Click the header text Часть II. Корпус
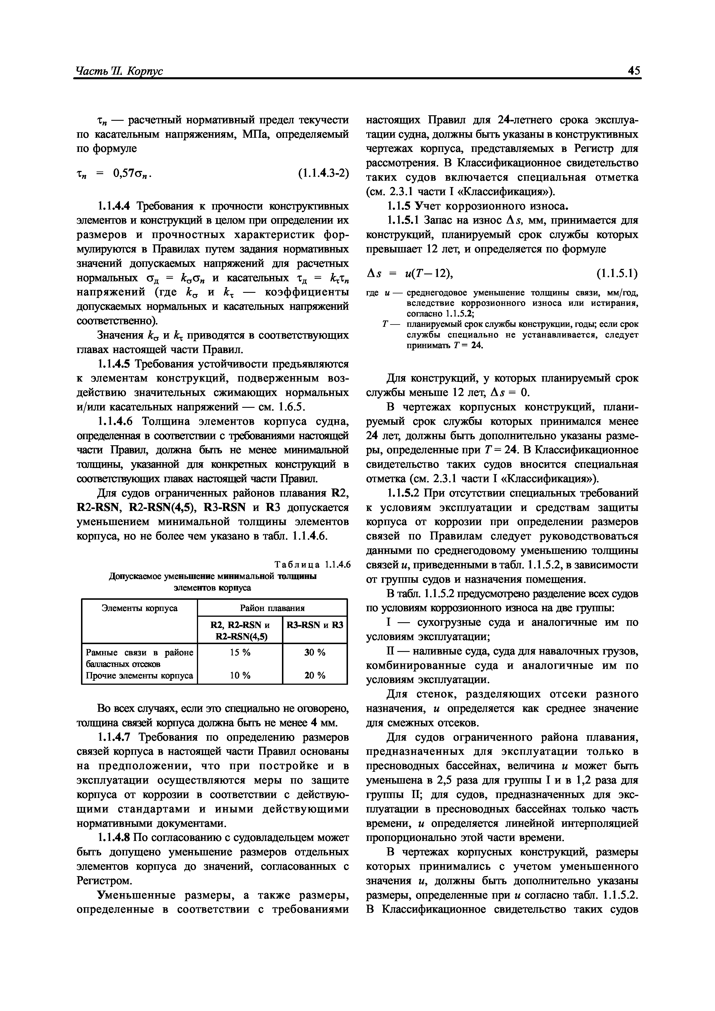pyautogui.click(x=119, y=71)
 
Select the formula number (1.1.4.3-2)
pyautogui.click(x=323, y=174)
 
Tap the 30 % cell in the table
pyautogui.click(x=315, y=652)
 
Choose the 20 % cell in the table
pyautogui.click(x=315, y=675)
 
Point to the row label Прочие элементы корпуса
pyautogui.click(x=139, y=675)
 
